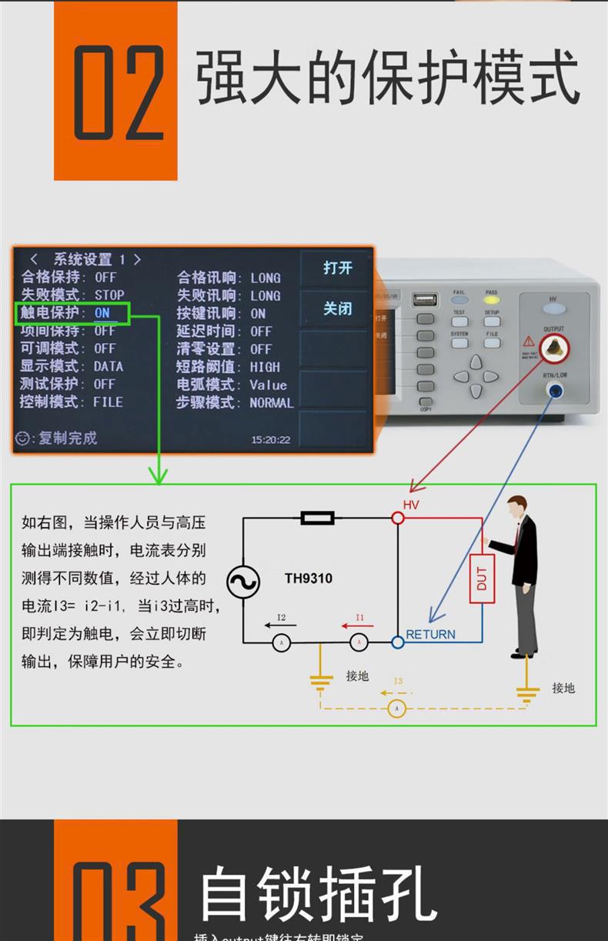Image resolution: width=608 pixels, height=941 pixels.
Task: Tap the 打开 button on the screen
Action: coord(337,268)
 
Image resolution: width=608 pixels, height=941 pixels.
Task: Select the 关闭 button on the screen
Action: coord(337,309)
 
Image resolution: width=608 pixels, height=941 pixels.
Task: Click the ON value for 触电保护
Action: coord(102,313)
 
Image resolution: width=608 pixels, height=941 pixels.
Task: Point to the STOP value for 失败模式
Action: coord(109,295)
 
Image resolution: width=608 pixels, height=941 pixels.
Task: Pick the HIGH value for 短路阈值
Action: coord(265,367)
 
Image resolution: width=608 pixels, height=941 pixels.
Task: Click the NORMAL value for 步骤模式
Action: coord(271,402)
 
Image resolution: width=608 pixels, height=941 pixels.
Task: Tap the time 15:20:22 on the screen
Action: coord(271,440)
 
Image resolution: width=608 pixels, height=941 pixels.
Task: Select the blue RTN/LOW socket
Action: coord(553,391)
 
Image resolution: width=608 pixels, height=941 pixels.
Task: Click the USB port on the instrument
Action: coord(425,299)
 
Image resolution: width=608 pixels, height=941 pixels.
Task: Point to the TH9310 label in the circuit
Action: coord(308,578)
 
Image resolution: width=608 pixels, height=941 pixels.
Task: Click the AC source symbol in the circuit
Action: coord(242,582)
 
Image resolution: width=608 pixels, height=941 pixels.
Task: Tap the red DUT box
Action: coord(482,578)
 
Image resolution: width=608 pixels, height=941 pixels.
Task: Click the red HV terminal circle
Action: coord(398,519)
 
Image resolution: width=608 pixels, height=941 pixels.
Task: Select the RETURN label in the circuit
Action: coord(430,635)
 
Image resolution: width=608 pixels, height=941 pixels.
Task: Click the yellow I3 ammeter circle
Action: coord(396,708)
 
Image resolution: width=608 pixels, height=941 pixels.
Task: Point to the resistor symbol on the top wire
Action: coord(317,518)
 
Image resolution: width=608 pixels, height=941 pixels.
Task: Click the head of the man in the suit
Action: coord(516,508)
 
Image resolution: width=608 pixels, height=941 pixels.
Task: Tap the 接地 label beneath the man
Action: coord(563,688)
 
